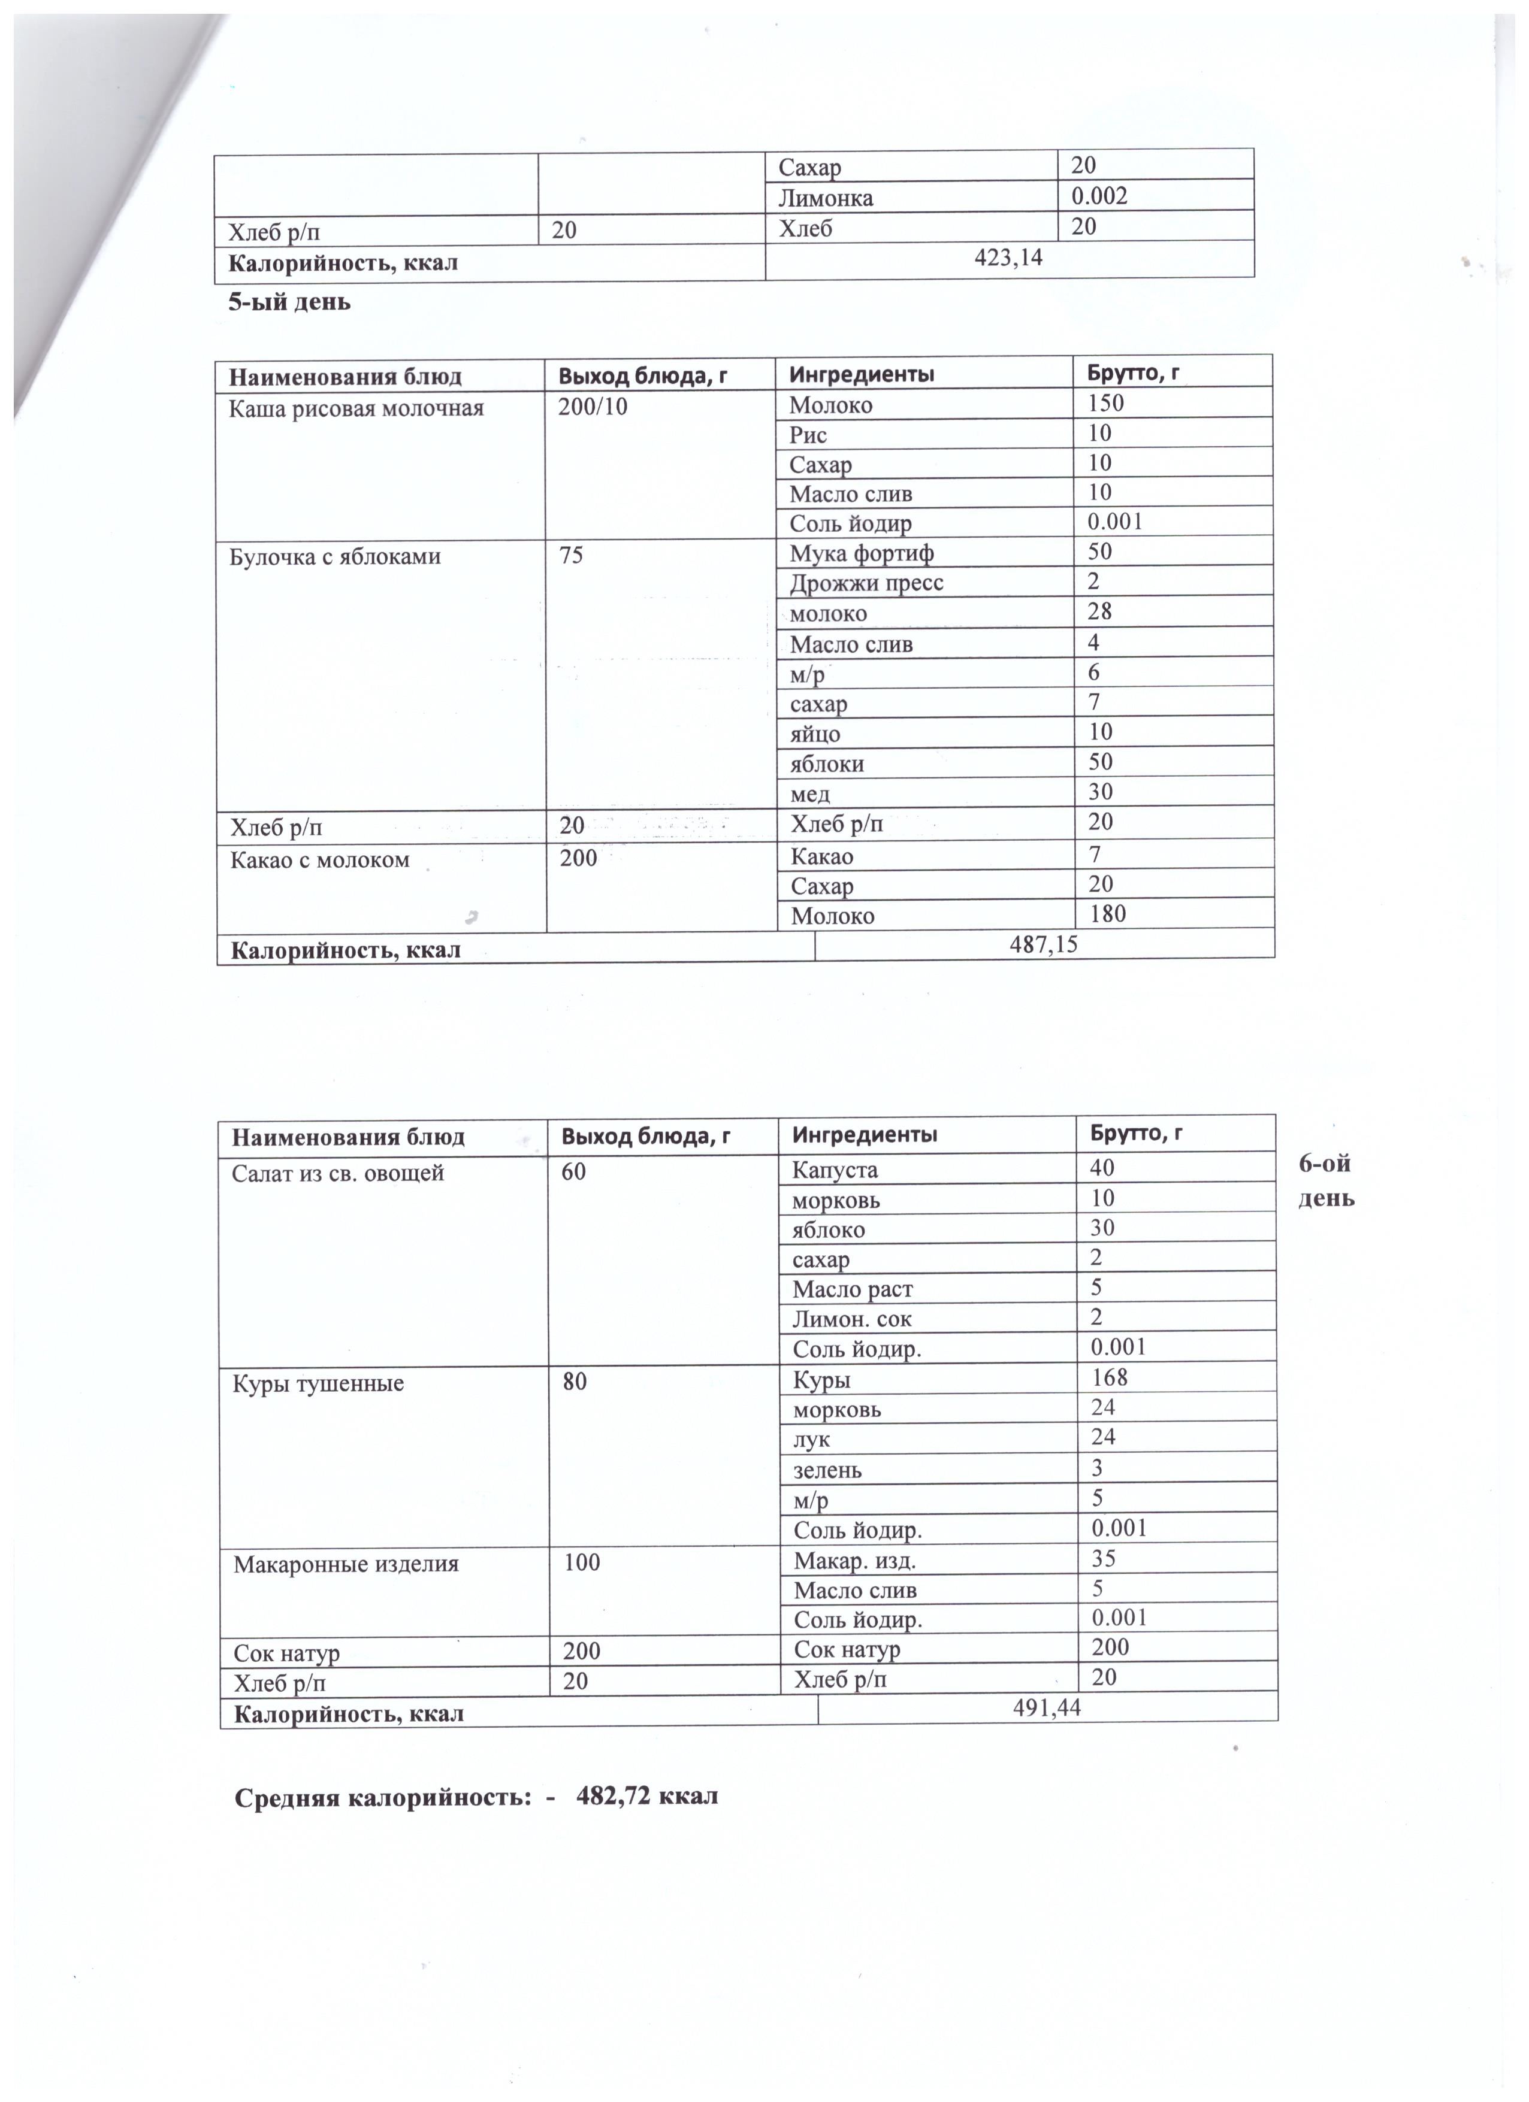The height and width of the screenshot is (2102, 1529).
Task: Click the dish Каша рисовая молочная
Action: click(x=356, y=408)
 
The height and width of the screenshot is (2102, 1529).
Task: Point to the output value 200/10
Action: click(x=593, y=407)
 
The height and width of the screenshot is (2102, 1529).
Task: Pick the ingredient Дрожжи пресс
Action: click(x=866, y=583)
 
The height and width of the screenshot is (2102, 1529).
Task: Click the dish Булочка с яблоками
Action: click(x=335, y=556)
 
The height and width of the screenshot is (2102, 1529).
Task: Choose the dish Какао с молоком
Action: click(x=320, y=859)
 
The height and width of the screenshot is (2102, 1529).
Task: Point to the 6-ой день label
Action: click(x=1325, y=1180)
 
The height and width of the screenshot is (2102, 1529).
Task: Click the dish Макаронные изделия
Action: click(x=346, y=1564)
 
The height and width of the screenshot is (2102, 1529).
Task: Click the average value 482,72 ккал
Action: click(x=646, y=1796)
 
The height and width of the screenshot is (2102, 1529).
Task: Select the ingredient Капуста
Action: click(x=835, y=1170)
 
